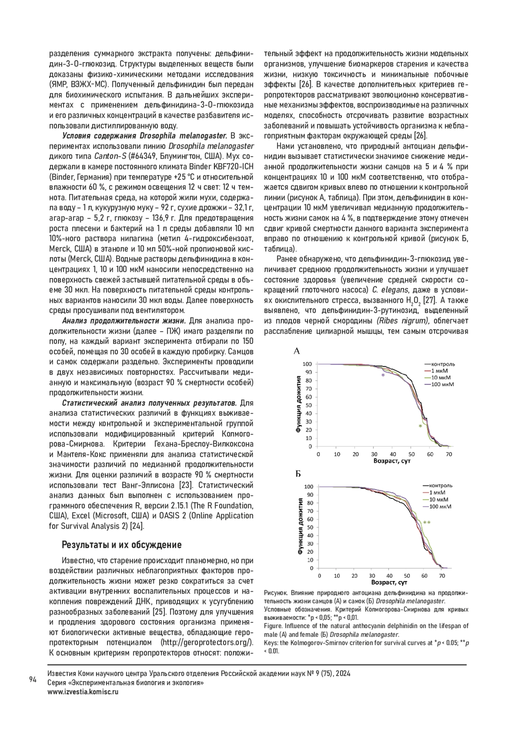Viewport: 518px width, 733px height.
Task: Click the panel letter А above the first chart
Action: point(297,351)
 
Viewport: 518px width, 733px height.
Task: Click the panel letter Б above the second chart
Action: point(298,474)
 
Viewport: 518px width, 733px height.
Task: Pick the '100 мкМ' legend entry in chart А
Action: point(443,384)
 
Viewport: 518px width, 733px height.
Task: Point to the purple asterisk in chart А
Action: point(382,376)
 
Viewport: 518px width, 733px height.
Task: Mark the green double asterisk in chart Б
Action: point(427,523)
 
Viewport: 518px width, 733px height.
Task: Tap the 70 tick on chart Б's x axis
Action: point(442,576)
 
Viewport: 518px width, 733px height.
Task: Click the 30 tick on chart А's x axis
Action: point(374,454)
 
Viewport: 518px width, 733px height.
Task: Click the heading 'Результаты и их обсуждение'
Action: point(122,544)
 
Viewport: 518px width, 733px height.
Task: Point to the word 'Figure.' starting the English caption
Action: point(273,626)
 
